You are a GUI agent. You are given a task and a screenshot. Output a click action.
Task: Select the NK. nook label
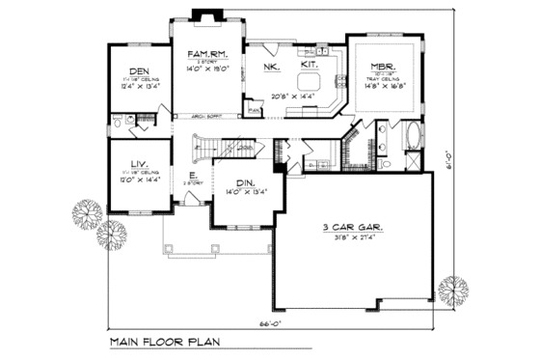[270, 67]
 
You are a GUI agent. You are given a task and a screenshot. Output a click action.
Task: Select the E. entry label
[193, 175]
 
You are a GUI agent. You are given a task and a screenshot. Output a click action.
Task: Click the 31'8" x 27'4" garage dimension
[351, 239]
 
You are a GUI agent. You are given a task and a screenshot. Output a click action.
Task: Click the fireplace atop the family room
[204, 14]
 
